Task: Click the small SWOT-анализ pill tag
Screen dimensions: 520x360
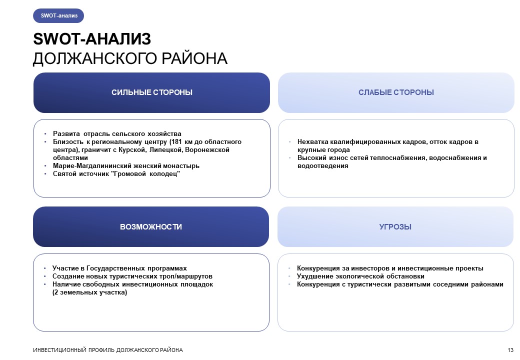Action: [58, 15]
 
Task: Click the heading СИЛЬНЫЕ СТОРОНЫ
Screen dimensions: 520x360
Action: [152, 92]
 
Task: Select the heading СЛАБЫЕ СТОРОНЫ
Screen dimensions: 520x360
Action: [396, 92]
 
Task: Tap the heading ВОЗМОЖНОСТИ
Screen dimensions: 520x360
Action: [151, 226]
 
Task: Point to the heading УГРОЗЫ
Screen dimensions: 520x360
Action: [395, 226]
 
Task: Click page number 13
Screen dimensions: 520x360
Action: [510, 350]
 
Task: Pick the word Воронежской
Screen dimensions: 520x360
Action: [207, 150]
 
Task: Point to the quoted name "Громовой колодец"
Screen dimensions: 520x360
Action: [147, 173]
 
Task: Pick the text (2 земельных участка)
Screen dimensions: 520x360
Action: [89, 292]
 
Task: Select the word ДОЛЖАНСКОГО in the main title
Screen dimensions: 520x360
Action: [94, 58]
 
